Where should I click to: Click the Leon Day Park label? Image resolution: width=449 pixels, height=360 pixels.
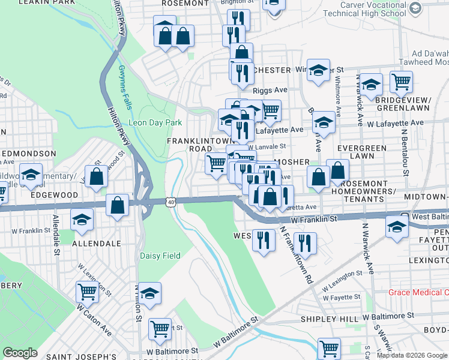click(155, 122)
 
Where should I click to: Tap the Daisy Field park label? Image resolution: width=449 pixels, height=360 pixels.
click(160, 256)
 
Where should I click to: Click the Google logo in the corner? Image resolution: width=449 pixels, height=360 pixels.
click(20, 353)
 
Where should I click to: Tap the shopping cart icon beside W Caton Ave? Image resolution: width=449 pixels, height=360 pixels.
click(87, 292)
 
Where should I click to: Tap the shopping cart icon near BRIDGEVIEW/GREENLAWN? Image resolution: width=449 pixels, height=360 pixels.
click(400, 80)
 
